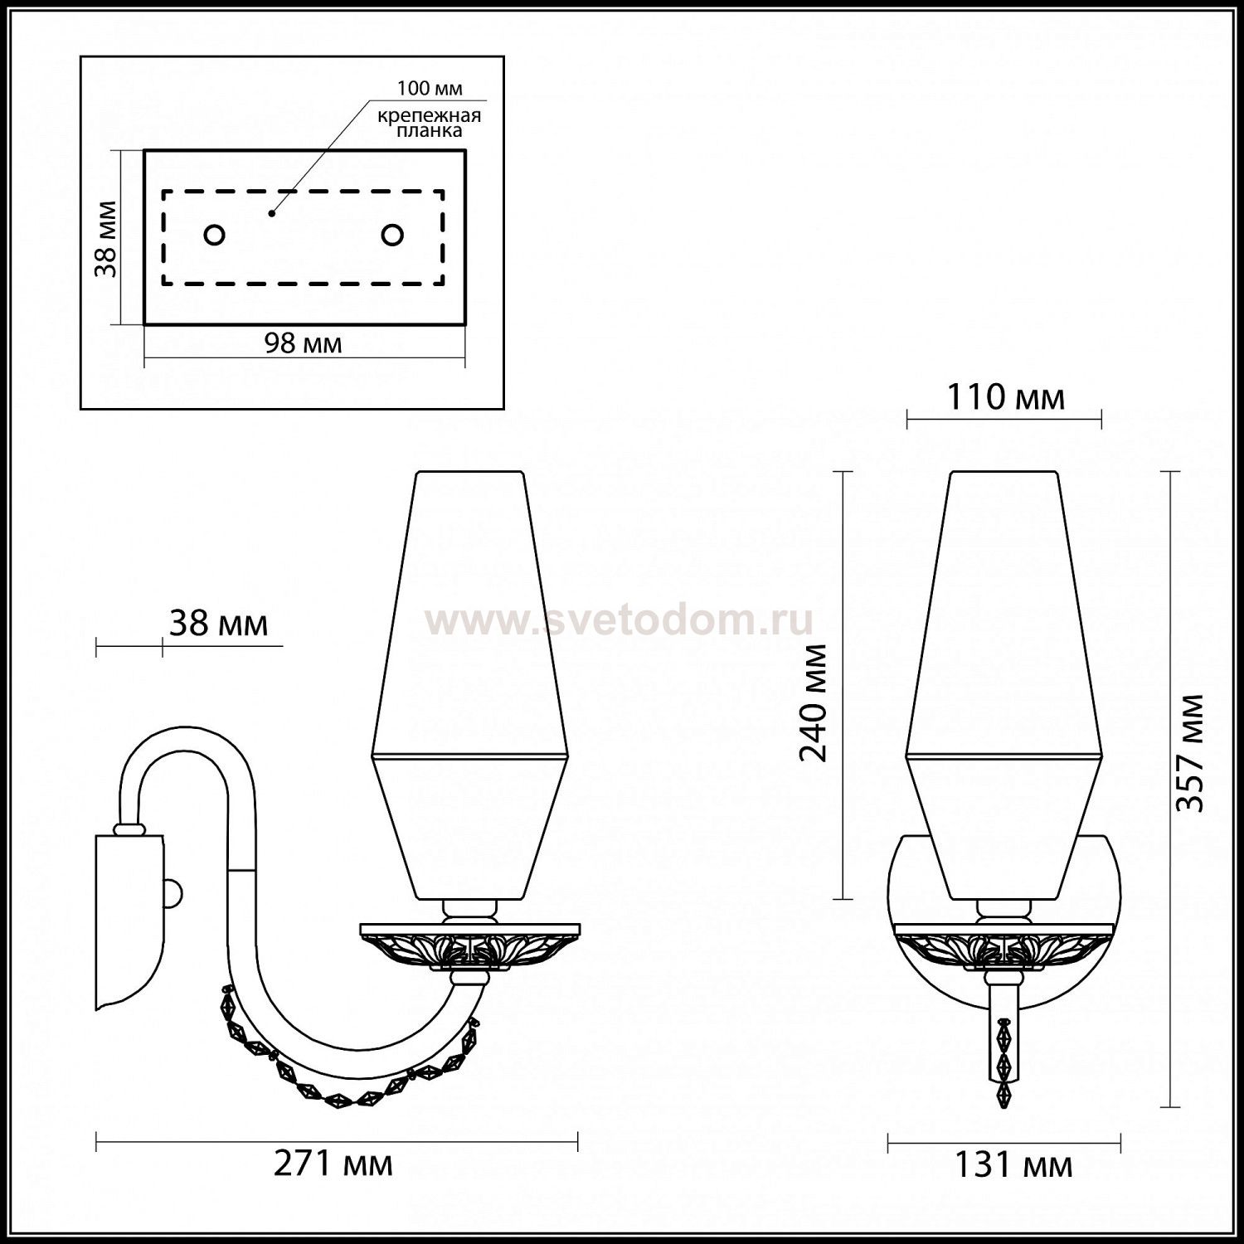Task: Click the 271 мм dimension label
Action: [333, 1164]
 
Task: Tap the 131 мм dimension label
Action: [1013, 1165]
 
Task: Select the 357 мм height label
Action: [1191, 752]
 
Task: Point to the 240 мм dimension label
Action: [814, 702]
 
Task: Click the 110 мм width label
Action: [1005, 398]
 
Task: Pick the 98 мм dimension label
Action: [304, 343]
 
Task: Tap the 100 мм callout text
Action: [430, 89]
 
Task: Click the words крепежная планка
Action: [430, 123]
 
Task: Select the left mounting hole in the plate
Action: [214, 236]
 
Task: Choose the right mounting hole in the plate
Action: [392, 236]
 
